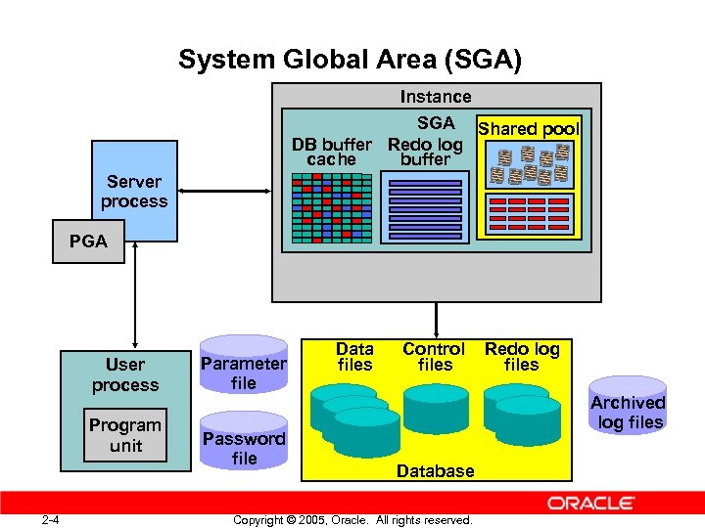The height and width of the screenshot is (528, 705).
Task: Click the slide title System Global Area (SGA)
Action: (351, 61)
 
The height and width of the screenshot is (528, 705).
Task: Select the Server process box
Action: (134, 191)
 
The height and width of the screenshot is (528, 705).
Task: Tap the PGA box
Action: (89, 242)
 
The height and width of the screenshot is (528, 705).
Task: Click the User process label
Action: (125, 375)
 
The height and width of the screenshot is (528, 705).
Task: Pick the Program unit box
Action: (125, 436)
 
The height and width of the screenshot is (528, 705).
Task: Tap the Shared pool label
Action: (529, 129)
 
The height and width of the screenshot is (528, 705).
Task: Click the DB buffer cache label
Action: (332, 152)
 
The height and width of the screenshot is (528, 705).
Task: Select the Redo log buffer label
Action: (425, 152)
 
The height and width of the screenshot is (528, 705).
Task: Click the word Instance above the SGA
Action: (436, 97)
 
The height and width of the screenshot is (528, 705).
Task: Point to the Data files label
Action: (354, 357)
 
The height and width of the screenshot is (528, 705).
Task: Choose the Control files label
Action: (434, 357)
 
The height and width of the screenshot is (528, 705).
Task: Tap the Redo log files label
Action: (522, 357)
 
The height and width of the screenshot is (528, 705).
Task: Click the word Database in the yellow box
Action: (436, 470)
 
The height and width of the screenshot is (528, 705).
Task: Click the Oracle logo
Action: (590, 504)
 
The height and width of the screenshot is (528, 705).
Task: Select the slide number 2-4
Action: (51, 519)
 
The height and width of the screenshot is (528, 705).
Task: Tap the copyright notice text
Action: (352, 520)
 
